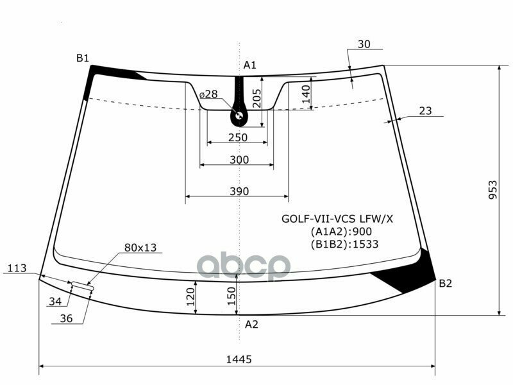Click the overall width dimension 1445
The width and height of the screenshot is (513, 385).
click(239, 359)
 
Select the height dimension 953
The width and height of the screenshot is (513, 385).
click(492, 189)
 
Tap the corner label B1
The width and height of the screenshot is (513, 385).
click(83, 58)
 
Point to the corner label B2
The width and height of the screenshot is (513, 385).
click(445, 283)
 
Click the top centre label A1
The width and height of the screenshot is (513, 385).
click(249, 65)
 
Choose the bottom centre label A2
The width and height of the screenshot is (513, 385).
click(251, 325)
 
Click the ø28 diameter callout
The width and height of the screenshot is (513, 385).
click(208, 94)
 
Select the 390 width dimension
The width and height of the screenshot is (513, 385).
click(239, 191)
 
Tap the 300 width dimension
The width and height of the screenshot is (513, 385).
click(239, 160)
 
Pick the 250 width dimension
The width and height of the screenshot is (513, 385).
click(238, 137)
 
